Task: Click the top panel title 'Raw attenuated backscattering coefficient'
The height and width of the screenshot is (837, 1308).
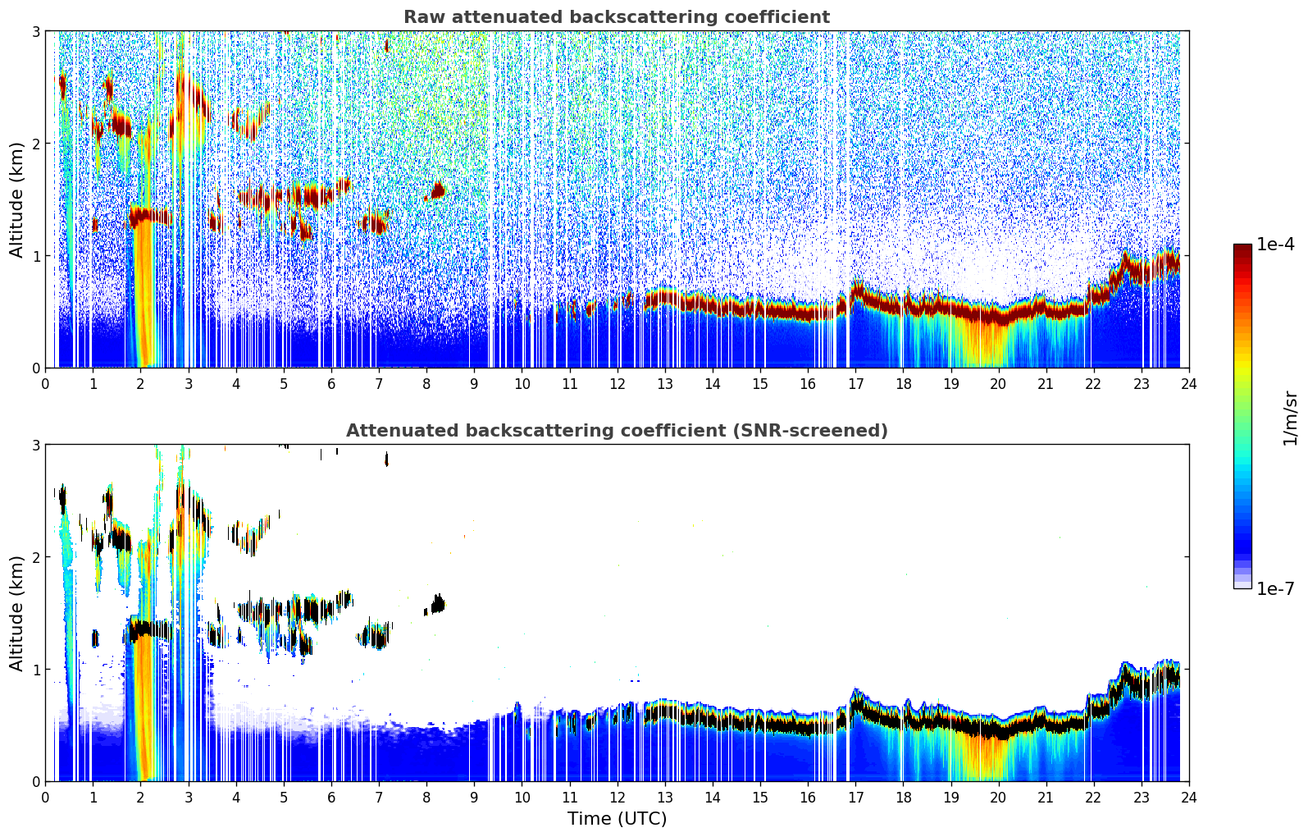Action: tap(616, 17)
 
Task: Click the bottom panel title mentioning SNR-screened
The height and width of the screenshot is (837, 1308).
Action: tap(616, 431)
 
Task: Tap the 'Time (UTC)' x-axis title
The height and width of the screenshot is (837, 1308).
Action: tap(617, 818)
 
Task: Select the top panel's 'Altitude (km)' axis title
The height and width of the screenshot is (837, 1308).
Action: tap(16, 199)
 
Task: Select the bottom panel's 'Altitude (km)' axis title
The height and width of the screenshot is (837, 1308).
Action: tap(16, 613)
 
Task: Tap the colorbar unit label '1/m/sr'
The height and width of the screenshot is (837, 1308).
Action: tap(1291, 418)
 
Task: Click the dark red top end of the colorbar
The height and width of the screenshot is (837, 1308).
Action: tap(1242, 248)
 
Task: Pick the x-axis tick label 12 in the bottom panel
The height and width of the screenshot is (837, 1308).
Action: tap(617, 798)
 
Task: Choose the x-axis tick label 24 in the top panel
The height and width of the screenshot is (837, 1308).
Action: tap(1188, 384)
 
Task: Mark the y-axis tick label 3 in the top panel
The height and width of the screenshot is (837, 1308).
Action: tap(35, 31)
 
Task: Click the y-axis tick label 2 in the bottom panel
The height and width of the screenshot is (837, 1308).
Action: tap(35, 557)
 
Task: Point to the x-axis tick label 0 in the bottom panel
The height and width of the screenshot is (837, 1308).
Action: tap(45, 798)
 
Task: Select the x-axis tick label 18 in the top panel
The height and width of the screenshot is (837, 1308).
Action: tap(903, 384)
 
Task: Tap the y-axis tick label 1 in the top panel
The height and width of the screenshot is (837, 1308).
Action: tap(35, 256)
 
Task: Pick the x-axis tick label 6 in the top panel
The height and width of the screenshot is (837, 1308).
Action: tap(331, 384)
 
